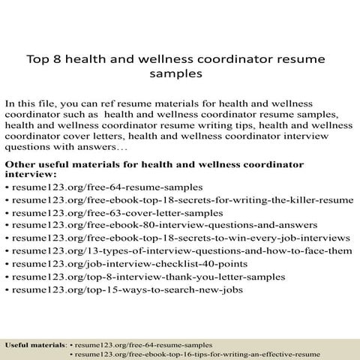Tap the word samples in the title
click(x=179, y=75)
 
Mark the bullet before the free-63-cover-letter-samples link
click(x=7, y=214)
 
